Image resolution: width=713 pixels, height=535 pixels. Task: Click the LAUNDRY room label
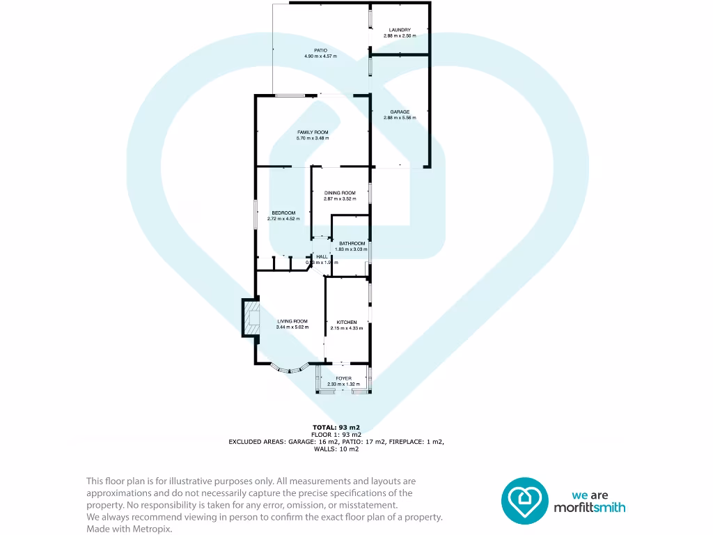(x=400, y=30)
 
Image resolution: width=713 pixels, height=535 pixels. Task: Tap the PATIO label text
(x=320, y=50)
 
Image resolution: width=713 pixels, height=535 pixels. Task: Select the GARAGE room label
(x=400, y=111)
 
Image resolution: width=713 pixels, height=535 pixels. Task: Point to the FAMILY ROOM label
(x=313, y=132)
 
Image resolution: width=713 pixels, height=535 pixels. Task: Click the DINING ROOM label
(x=340, y=193)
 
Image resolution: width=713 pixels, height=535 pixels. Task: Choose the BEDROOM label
(x=283, y=212)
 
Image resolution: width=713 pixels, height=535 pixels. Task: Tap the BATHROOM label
(x=352, y=243)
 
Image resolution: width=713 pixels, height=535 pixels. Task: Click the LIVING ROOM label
(x=292, y=321)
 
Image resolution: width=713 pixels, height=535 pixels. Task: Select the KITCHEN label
(x=347, y=322)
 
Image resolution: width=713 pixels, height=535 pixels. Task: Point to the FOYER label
(x=344, y=378)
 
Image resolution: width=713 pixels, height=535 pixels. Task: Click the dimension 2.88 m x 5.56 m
(x=400, y=118)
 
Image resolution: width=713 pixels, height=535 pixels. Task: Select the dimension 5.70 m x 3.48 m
(x=313, y=138)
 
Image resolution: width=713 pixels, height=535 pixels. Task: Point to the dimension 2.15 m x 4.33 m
(x=347, y=328)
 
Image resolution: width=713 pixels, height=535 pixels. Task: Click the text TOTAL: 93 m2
(x=336, y=427)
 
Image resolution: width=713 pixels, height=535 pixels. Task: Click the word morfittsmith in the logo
(x=589, y=508)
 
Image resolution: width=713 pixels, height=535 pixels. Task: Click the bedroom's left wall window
(x=256, y=212)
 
